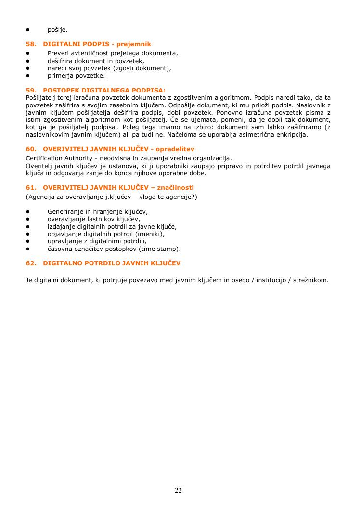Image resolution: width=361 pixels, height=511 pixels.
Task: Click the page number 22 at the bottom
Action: tap(178, 491)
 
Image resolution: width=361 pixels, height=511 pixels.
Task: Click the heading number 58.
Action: tap(31, 44)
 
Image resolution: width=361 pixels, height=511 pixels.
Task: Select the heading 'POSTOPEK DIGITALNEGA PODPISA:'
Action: tap(104, 90)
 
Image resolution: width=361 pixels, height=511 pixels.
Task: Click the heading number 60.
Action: tap(31, 149)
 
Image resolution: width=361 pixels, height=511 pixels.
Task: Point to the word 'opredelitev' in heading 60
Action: tap(175, 149)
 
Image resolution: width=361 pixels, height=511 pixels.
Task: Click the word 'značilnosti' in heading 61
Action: tap(176, 188)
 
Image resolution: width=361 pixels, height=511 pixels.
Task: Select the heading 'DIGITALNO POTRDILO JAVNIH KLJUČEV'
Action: tap(112, 263)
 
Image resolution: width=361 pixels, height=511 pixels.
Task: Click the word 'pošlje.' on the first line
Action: tap(57, 30)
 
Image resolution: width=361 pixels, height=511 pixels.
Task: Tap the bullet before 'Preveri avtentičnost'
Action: tap(28, 53)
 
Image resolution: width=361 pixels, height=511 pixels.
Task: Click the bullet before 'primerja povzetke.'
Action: tap(28, 76)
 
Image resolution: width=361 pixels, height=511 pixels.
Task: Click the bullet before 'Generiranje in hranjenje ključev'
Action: tap(28, 211)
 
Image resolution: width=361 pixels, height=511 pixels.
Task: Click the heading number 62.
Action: tap(31, 263)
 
